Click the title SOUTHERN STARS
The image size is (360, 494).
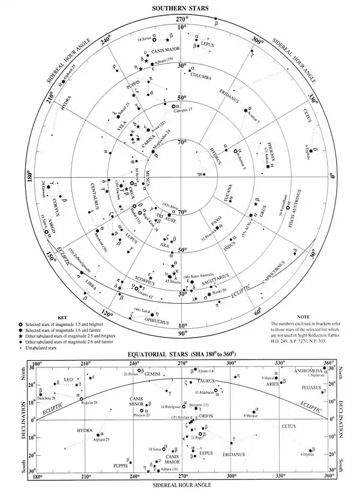(181, 8)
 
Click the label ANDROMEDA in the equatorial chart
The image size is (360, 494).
(308, 370)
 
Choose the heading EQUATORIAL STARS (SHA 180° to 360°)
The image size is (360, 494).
(181, 353)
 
